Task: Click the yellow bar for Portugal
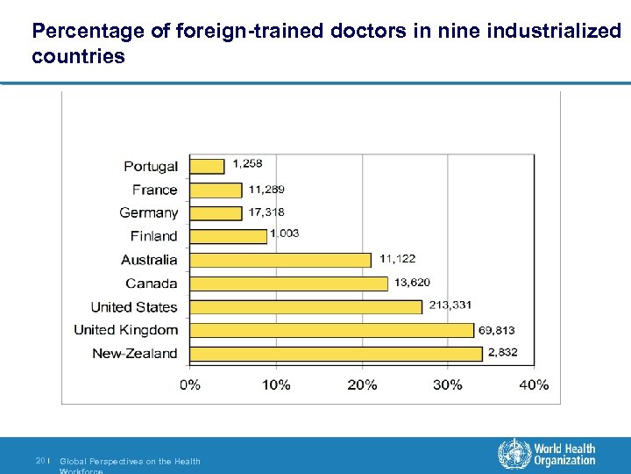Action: coord(207,166)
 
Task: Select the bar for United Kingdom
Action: coord(331,330)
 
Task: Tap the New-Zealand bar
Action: coord(336,354)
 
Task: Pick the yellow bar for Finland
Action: coord(228,236)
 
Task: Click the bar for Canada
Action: coord(288,284)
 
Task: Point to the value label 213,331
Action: coord(450,305)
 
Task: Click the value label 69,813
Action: coord(496,330)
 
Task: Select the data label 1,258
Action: coord(247,163)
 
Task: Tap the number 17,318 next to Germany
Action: coord(266,212)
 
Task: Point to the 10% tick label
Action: coord(276,384)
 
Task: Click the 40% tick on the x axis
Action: coord(534,384)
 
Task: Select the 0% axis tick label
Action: coord(190,384)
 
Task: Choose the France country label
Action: coord(154,190)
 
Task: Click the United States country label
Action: coord(133,307)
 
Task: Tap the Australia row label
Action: coord(149,260)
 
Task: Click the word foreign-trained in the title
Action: coord(254,32)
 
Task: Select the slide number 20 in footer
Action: coord(40,461)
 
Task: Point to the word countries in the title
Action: coord(78,57)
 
